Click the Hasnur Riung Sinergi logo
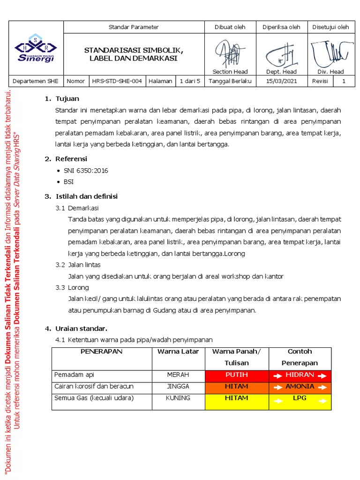[36, 48]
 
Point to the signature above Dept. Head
[281, 55]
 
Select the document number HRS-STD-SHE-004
[117, 81]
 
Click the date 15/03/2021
[281, 81]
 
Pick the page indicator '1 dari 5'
[190, 81]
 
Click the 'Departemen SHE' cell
[36, 81]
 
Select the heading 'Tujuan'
[67, 99]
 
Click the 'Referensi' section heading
[71, 159]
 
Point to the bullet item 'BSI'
[68, 182]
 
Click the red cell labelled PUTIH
[237, 375]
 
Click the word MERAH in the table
[178, 375]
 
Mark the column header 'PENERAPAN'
[101, 352]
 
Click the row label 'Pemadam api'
[74, 375]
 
